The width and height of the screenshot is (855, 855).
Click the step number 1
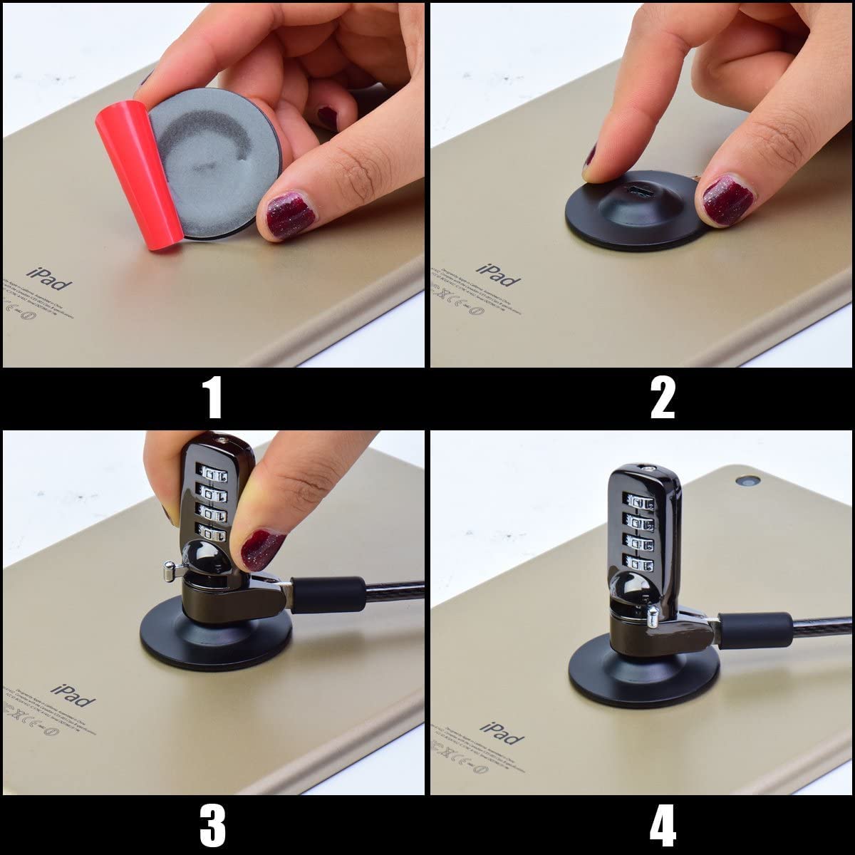[x=214, y=398]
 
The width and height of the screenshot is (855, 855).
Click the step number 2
[x=663, y=398]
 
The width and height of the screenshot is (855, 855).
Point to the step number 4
[x=663, y=826]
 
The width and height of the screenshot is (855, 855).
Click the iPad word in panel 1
[x=50, y=279]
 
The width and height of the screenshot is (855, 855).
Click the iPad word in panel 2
[x=498, y=275]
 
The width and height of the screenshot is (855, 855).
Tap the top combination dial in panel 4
[x=645, y=504]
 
